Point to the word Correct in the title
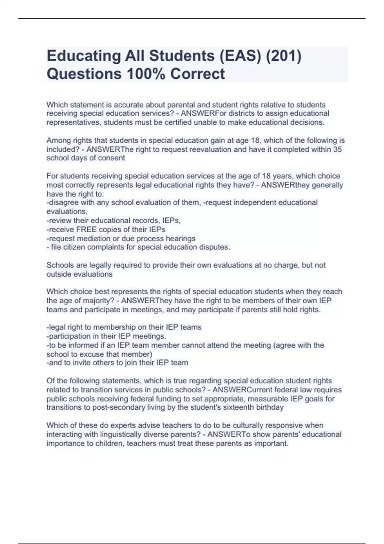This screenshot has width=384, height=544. [x=197, y=74]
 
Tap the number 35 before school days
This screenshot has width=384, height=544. [x=338, y=149]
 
